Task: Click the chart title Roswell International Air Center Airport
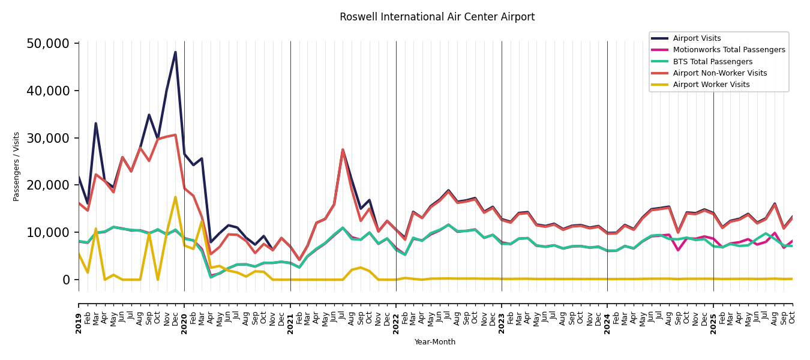coord(437,17)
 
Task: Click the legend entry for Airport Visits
coord(697,38)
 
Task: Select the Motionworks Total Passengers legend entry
coord(728,50)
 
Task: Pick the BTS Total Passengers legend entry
coord(712,62)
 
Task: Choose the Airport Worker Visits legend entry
coord(711,85)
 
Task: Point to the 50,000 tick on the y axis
coord(52,44)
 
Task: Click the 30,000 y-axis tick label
coord(52,138)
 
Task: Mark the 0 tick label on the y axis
coord(66,280)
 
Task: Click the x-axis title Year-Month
coord(435,342)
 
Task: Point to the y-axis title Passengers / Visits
coord(17,166)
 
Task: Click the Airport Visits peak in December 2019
coord(175,52)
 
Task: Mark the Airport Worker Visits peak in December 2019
coord(175,197)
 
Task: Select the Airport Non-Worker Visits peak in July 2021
coord(343,149)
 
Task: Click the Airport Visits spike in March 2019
coord(96,124)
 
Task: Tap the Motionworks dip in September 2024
coord(678,250)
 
